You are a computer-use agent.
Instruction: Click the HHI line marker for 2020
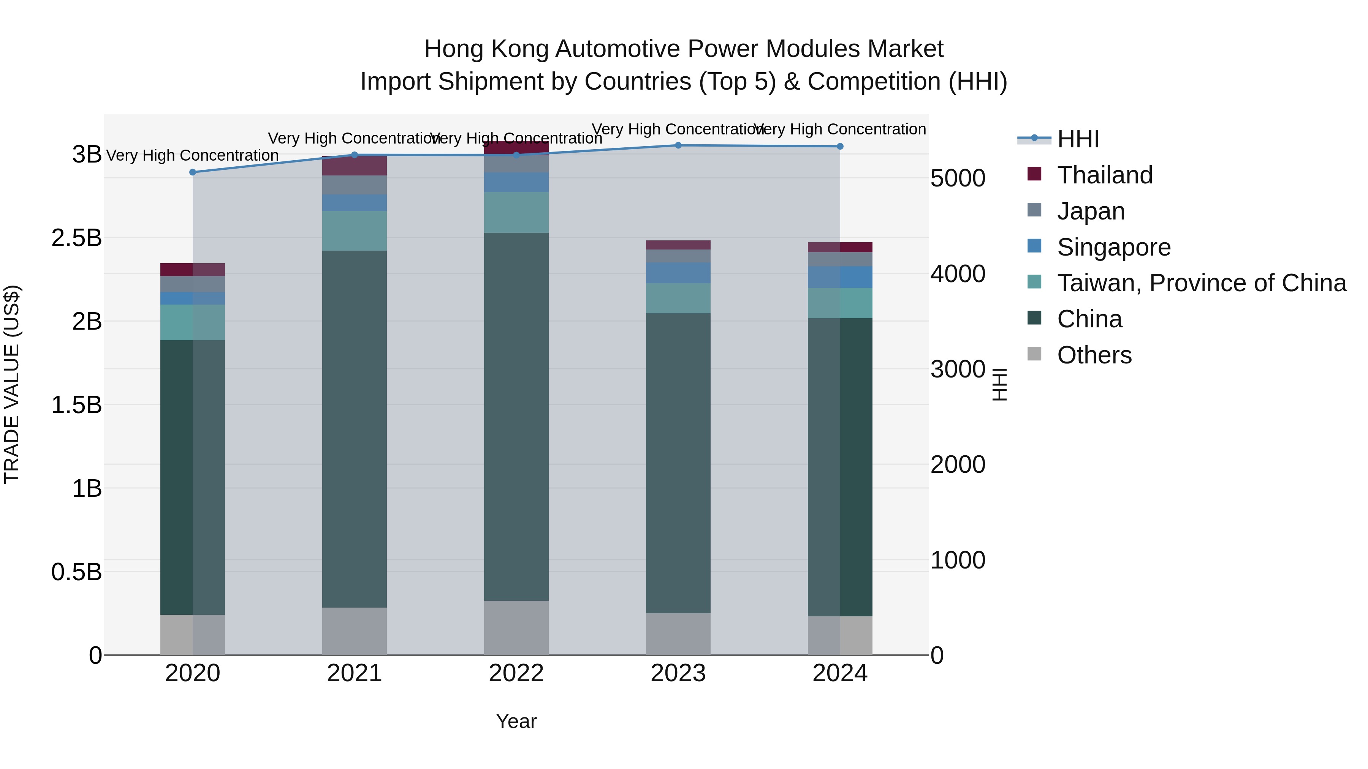coord(193,172)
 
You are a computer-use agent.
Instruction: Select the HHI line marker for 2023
coord(678,145)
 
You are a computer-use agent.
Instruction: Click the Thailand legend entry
coord(1105,175)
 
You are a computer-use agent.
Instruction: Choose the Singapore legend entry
coord(1114,247)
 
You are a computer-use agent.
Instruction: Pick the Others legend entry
coord(1094,355)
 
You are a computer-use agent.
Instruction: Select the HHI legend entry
coord(1078,139)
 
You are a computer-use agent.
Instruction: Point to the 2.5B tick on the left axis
coord(76,238)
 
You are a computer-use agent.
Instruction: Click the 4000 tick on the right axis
coord(958,274)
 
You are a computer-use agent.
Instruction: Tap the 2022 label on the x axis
coord(516,673)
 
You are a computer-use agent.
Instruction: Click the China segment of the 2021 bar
coord(354,429)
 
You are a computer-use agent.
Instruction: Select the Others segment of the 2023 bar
coord(678,634)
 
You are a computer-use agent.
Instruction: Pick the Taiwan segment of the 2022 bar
coord(516,212)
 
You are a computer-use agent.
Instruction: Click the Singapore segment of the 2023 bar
coord(678,273)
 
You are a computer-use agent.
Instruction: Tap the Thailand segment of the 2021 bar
coord(354,166)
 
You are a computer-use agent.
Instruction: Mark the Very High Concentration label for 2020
coord(192,155)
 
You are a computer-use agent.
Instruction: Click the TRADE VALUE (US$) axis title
coord(12,384)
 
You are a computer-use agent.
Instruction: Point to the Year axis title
coord(516,721)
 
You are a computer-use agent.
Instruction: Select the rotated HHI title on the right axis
coord(999,384)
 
